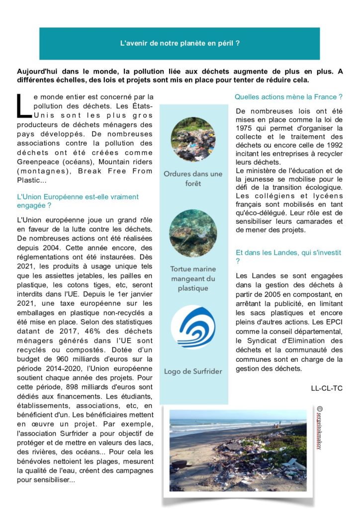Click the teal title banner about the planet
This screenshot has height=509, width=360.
tap(180, 43)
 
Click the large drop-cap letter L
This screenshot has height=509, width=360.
tap(23, 106)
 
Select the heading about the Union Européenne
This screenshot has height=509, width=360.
tap(78, 201)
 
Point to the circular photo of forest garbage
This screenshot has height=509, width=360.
tap(193, 139)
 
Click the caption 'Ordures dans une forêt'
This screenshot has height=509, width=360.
tap(193, 178)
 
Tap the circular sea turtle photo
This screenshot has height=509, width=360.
tap(193, 233)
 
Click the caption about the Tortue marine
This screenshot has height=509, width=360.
tap(193, 278)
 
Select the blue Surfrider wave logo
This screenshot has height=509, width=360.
tap(193, 327)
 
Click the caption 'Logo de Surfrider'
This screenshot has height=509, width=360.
tap(193, 371)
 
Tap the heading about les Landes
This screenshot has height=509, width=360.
tap(288, 256)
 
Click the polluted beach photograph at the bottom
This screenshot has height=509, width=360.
tap(238, 450)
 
